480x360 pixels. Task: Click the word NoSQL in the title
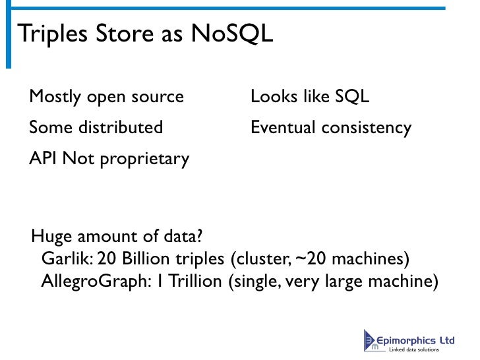231,34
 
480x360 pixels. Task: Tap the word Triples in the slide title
49,34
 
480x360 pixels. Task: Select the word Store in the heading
121,34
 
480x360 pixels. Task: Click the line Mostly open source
106,97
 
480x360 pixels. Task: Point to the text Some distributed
96,127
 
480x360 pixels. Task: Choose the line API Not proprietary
109,158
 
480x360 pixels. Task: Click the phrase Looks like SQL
309,97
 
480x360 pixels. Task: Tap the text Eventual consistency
330,127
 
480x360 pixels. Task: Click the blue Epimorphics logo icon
371,340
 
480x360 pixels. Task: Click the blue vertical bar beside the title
9,37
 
